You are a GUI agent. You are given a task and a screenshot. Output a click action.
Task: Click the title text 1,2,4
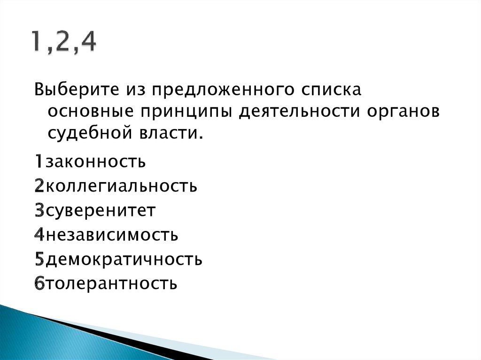tap(64, 43)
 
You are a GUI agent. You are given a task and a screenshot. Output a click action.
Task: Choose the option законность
tap(95, 161)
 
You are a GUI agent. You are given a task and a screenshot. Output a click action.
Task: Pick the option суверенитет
tap(100, 211)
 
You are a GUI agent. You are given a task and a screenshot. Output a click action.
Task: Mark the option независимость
tap(111, 235)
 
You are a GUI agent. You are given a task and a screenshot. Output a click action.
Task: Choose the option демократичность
tap(124, 259)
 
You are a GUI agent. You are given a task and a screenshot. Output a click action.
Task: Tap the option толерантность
tap(111, 283)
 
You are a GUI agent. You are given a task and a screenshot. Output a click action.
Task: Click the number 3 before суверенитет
tap(39, 211)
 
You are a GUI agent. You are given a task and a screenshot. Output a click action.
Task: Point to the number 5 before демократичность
tap(39, 259)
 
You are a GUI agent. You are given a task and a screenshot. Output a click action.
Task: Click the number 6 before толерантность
tap(39, 283)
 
